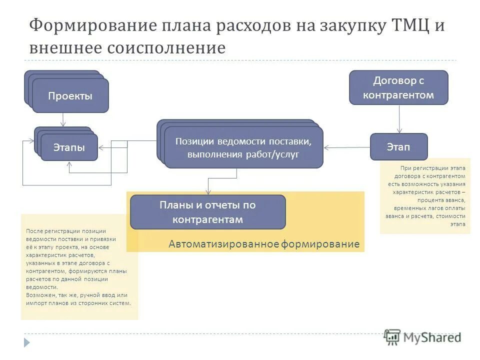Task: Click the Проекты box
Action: pyautogui.click(x=70, y=96)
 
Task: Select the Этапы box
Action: pyautogui.click(x=69, y=147)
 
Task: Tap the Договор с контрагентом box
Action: pyautogui.click(x=398, y=87)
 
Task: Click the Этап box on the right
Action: pyautogui.click(x=398, y=147)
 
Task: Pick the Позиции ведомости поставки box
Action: pyautogui.click(x=243, y=147)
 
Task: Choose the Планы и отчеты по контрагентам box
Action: pyautogui.click(x=207, y=212)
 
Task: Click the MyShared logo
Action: pyautogui.click(x=422, y=337)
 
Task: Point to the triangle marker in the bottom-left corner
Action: pyautogui.click(x=27, y=342)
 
